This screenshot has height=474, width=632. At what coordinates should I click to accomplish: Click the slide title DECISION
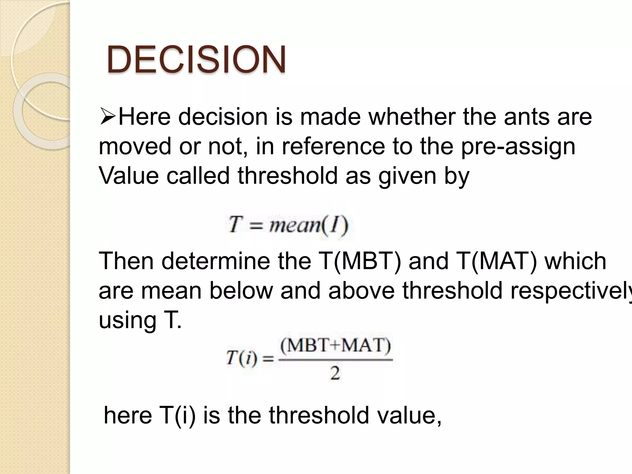click(x=196, y=60)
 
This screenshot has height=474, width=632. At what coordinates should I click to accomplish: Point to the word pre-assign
click(x=518, y=147)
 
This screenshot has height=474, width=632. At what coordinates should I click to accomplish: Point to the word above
click(x=361, y=291)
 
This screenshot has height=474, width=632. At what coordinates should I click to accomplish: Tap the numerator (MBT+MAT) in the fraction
click(x=335, y=346)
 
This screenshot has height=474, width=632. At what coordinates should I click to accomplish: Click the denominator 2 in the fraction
click(x=335, y=373)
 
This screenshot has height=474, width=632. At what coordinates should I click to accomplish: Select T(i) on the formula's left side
click(x=241, y=359)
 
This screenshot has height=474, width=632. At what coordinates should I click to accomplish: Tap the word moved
click(x=135, y=147)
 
